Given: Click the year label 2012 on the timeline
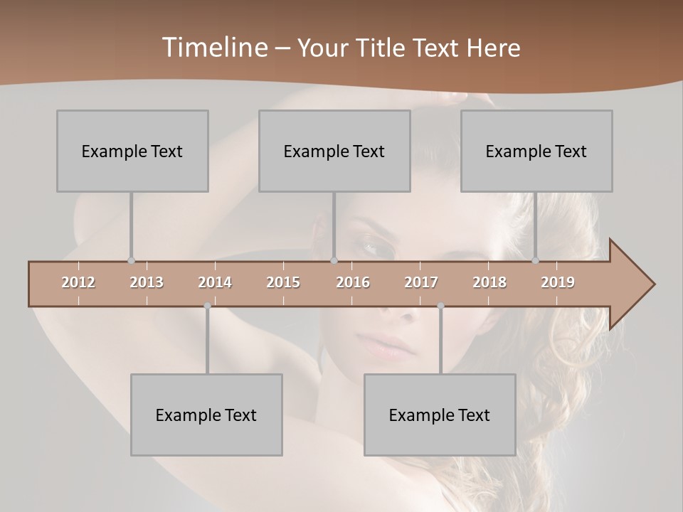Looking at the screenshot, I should coord(78,282).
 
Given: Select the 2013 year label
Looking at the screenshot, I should coord(147,282).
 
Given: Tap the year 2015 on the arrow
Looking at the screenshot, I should coord(283,282).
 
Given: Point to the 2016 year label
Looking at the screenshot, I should coord(353,282).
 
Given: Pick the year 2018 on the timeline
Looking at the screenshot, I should coord(489,282).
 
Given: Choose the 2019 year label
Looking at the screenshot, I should coord(558,282).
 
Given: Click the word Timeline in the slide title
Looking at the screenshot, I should coord(213,47).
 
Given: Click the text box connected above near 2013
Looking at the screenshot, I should coord(132,151).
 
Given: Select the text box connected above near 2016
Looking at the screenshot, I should coord(334,151).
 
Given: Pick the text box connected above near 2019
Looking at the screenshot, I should coord(536,151).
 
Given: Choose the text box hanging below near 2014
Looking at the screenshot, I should coord(206,415).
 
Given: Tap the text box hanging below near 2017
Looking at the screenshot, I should coord(440,415).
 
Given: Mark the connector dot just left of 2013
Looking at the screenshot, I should coord(131,260).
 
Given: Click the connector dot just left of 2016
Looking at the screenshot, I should coord(334,260).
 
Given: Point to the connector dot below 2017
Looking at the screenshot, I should coord(440,306).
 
